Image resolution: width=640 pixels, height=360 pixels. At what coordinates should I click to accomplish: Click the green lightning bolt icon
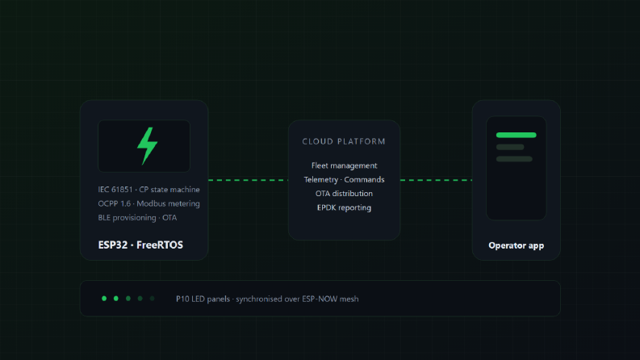148,146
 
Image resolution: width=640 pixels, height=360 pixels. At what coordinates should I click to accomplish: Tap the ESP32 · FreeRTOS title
140,245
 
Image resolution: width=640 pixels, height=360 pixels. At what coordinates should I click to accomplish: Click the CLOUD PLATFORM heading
344,141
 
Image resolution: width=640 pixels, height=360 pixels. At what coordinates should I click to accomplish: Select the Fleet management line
344,165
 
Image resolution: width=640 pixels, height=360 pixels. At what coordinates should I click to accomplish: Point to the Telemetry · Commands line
344,179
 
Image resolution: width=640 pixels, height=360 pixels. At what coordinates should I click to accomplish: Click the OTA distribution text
344,194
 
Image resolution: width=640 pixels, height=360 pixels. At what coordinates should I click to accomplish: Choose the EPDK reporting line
344,207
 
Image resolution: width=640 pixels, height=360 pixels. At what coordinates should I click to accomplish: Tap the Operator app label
517,245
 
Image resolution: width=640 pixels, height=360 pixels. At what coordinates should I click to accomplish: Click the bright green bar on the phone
516,135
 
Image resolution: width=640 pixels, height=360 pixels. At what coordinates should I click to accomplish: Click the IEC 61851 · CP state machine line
148,190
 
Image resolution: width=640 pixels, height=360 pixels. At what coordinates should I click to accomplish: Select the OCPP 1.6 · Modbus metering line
148,203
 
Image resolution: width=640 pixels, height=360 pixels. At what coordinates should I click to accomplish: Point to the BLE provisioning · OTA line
137,218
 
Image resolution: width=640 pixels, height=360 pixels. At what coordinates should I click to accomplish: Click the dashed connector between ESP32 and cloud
248,180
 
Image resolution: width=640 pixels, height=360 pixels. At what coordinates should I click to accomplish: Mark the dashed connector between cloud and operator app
436,180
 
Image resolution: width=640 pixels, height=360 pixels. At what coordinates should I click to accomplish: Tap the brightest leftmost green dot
104,299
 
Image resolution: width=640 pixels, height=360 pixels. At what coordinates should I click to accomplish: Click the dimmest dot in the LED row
152,299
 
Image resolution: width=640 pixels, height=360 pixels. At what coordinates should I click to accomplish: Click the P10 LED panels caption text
267,299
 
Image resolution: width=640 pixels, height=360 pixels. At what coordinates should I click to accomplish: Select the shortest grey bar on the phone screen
510,147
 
